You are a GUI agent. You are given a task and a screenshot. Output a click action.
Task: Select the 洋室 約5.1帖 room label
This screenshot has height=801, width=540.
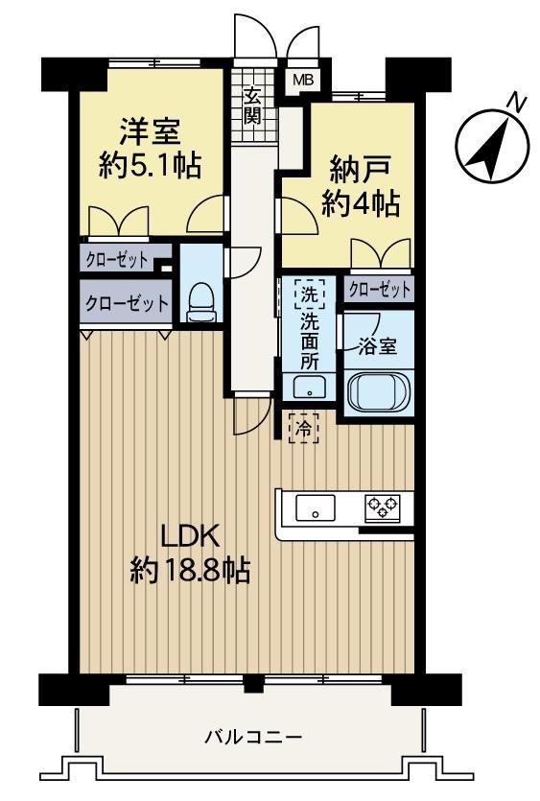tap(150, 147)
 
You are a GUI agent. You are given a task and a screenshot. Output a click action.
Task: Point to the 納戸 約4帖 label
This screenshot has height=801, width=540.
tap(362, 187)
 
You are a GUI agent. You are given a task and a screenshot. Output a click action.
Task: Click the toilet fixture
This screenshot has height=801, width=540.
tap(200, 302)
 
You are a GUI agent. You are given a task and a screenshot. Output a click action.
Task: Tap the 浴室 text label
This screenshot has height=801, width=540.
tap(378, 347)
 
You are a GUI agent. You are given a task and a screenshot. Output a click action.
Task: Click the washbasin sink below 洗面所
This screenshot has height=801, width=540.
tap(310, 387)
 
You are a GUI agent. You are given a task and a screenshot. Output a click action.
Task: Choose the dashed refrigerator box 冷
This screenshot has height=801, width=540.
tap(304, 428)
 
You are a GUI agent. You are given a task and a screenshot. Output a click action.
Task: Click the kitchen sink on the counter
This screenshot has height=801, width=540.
tap(316, 507)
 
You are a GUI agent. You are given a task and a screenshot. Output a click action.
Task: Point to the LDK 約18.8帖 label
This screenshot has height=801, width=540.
tap(191, 554)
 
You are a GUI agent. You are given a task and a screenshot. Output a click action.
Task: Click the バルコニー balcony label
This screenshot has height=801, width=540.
tap(254, 737)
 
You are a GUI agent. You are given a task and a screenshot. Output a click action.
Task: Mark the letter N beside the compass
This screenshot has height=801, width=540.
tap(517, 103)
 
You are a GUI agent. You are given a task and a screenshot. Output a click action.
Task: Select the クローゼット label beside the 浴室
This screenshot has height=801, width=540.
tap(380, 290)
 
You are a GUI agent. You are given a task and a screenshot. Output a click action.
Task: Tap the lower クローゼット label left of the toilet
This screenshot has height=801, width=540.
tap(127, 303)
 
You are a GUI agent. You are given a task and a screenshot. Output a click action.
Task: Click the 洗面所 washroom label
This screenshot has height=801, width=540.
tap(310, 342)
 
